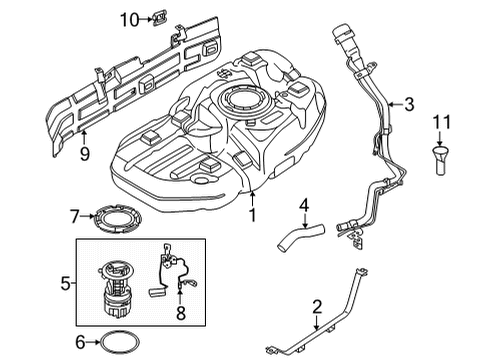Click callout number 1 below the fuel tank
(x=253, y=214)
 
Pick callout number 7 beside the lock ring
(x=73, y=214)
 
